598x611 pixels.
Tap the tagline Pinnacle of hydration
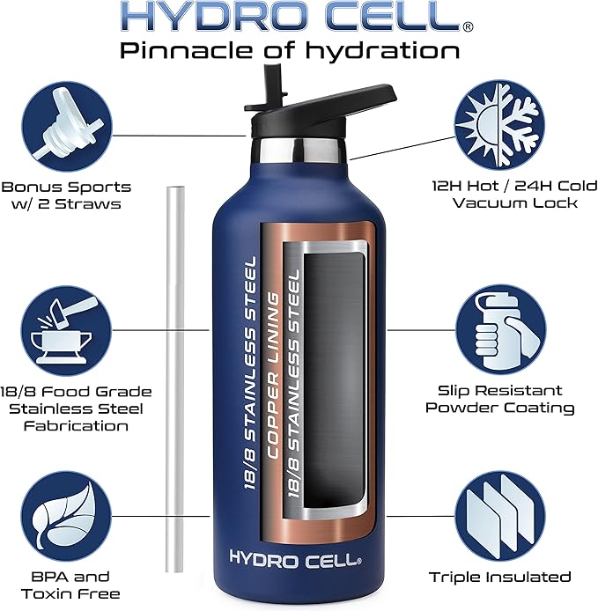(x=290, y=49)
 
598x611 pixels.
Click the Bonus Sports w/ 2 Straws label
(x=66, y=195)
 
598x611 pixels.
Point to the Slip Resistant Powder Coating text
(x=500, y=399)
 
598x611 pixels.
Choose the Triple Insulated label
(x=500, y=578)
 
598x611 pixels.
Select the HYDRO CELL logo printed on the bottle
(x=293, y=557)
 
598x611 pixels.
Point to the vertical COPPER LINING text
(x=275, y=370)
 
